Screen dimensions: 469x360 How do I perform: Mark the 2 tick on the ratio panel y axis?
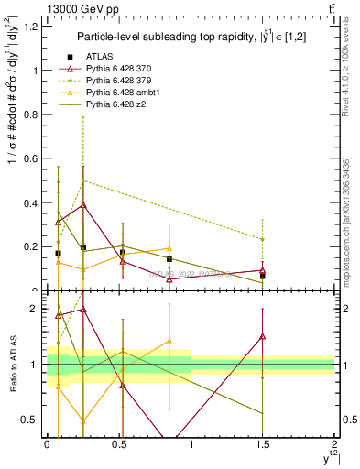[x=38, y=310]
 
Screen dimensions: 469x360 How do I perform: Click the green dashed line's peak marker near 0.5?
[x=83, y=180]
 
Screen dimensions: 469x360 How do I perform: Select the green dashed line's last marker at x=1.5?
[x=263, y=239]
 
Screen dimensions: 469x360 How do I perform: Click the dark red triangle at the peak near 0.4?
[x=83, y=205]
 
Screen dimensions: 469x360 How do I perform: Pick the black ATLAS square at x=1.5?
[x=263, y=275]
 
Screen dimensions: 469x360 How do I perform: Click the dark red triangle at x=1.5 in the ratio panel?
[x=263, y=336]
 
